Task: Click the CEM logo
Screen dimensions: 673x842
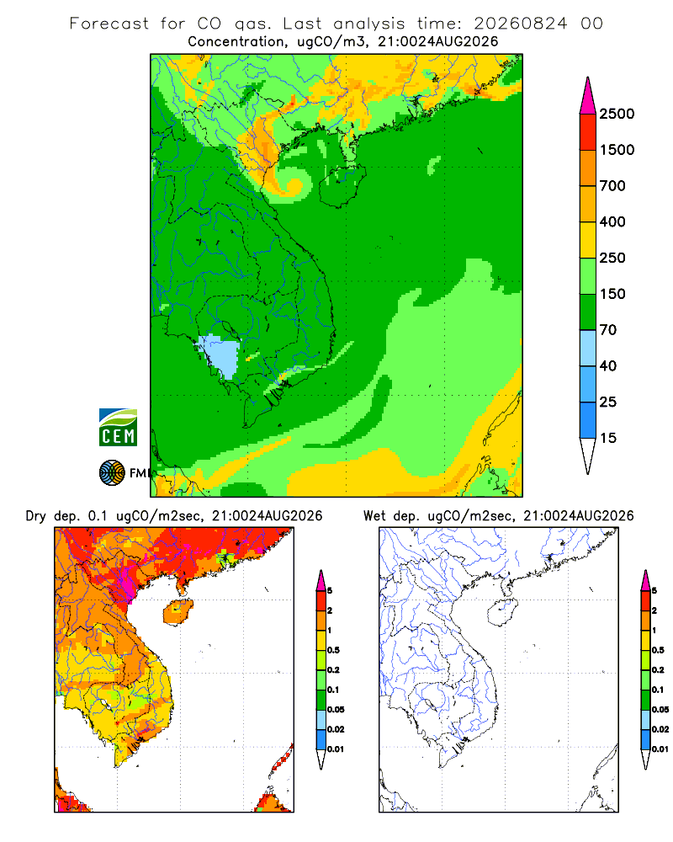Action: tap(118, 428)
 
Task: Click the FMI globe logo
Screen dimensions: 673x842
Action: tap(112, 473)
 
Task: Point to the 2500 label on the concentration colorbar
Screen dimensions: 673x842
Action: tap(617, 114)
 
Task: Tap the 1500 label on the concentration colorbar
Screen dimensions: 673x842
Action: tap(617, 150)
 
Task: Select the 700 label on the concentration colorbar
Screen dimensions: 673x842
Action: tap(612, 186)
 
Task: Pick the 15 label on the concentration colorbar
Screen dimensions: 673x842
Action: tap(608, 438)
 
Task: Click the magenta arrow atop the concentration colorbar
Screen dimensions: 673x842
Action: tap(588, 96)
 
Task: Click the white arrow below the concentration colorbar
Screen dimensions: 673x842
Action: tap(588, 456)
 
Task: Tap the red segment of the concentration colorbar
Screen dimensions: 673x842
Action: tap(588, 132)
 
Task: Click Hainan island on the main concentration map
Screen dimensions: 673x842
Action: tap(342, 185)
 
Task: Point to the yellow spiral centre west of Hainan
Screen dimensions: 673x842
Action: tap(293, 186)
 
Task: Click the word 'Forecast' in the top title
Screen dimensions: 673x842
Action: tap(109, 24)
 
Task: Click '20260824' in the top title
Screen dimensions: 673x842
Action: tap(520, 24)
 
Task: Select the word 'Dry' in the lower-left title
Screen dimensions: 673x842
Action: tap(36, 516)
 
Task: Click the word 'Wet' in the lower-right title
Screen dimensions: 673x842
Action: tap(374, 516)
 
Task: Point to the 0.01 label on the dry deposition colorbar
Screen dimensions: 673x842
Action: tap(336, 749)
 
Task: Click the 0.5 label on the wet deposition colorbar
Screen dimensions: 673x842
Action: tap(658, 650)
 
